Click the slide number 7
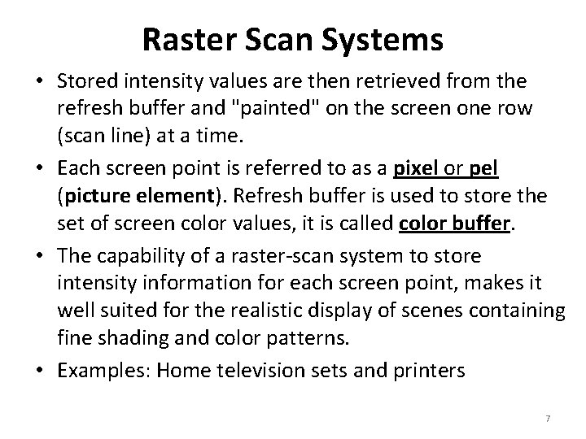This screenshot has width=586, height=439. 548,419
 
